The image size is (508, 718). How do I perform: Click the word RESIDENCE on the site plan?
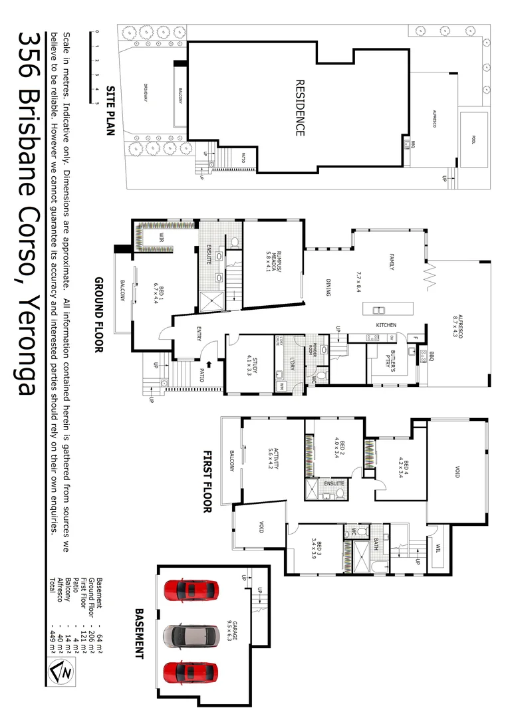[x=299, y=109]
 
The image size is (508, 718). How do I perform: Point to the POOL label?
[x=473, y=140]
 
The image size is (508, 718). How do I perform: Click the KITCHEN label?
[x=386, y=326]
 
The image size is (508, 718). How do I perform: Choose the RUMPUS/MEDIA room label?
[x=271, y=253]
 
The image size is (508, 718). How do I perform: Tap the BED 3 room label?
[x=322, y=551]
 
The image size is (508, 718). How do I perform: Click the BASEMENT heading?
[x=140, y=632]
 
